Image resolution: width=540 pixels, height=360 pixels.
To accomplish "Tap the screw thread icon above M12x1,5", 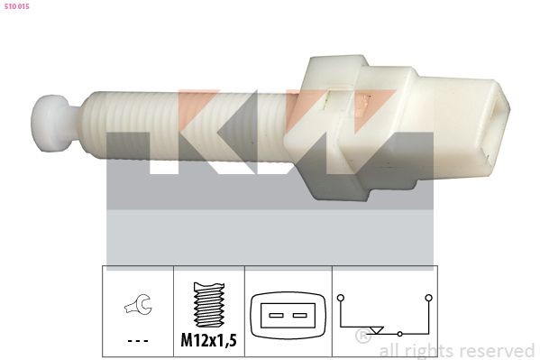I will click(x=208, y=304).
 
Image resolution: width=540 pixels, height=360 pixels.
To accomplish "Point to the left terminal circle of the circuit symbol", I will click(x=341, y=296).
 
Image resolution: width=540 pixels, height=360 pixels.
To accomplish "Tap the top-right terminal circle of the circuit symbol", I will click(x=429, y=296).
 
